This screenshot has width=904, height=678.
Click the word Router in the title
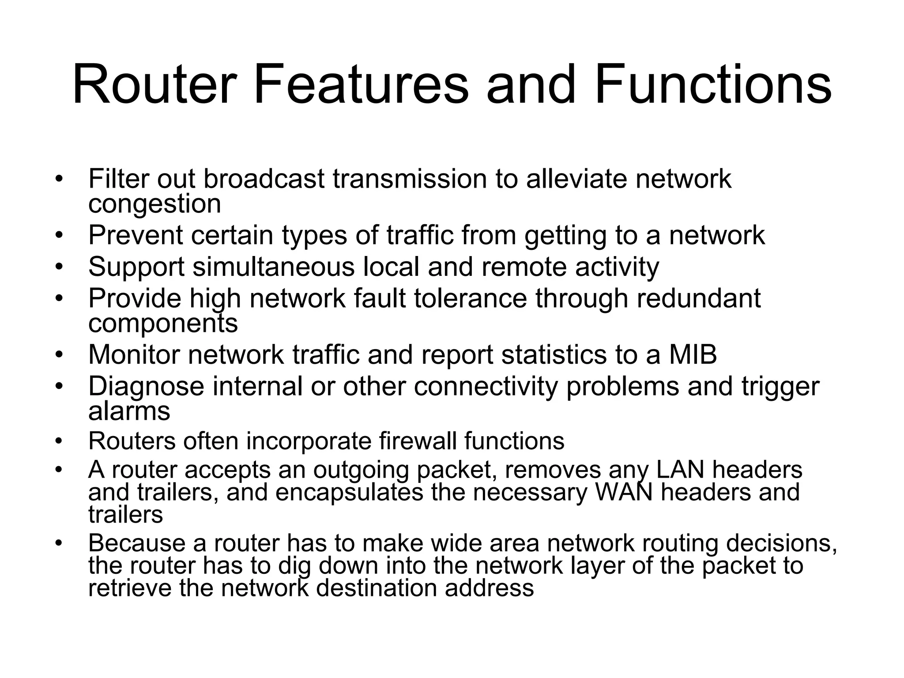pos(152,85)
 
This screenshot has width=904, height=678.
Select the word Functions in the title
pos(712,85)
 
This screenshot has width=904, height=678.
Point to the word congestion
pos(154,204)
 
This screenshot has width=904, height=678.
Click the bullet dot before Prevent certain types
pos(59,235)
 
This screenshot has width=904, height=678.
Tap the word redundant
pos(699,298)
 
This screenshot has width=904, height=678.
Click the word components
pos(163,324)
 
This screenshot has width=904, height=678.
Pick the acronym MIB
pos(693,354)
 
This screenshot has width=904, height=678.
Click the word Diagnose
pos(146,386)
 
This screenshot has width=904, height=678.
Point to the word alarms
pos(129,411)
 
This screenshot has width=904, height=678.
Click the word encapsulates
pos(349,492)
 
